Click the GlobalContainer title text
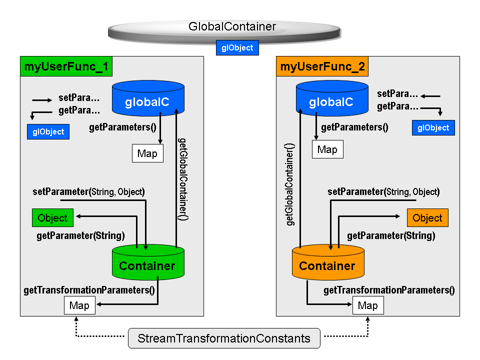point(232,26)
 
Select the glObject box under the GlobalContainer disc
point(237,48)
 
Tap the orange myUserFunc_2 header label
point(322,67)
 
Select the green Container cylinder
point(147,263)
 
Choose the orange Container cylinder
point(327,263)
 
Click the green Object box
point(52,218)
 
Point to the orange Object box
point(427,218)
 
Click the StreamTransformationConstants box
point(223,338)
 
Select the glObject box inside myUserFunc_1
point(48,132)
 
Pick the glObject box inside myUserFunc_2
point(433,127)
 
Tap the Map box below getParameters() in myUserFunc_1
point(147,153)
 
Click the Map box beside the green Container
point(79,305)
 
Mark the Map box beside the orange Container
point(368,305)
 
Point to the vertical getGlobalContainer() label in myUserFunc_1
point(183,179)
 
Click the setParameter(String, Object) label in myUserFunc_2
point(383,192)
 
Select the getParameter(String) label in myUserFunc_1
point(80,235)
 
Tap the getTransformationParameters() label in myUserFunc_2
point(389,290)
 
